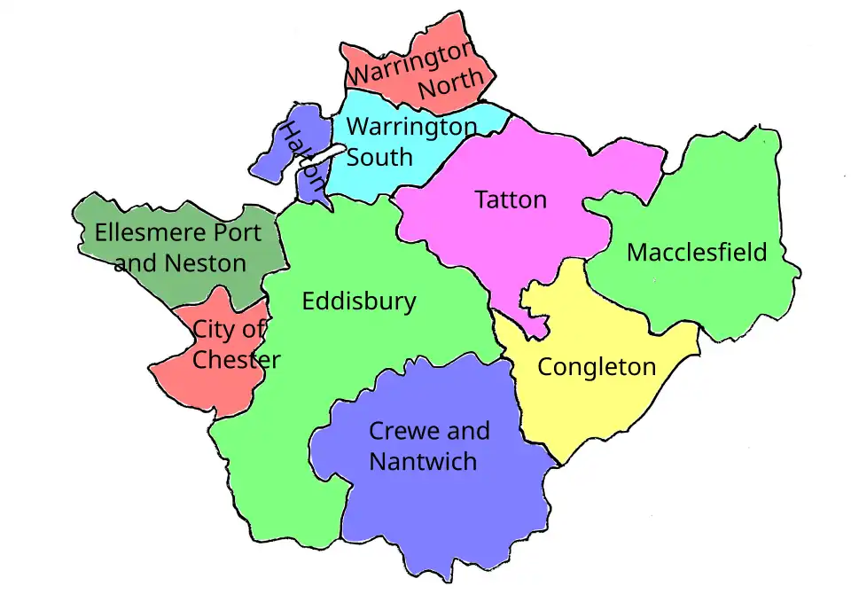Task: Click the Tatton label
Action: [x=511, y=199]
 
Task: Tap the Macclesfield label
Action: [x=697, y=253]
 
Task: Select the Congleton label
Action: [x=597, y=367]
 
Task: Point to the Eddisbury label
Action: [x=358, y=301]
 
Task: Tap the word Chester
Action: [x=237, y=360]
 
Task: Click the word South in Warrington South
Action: [x=379, y=158]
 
